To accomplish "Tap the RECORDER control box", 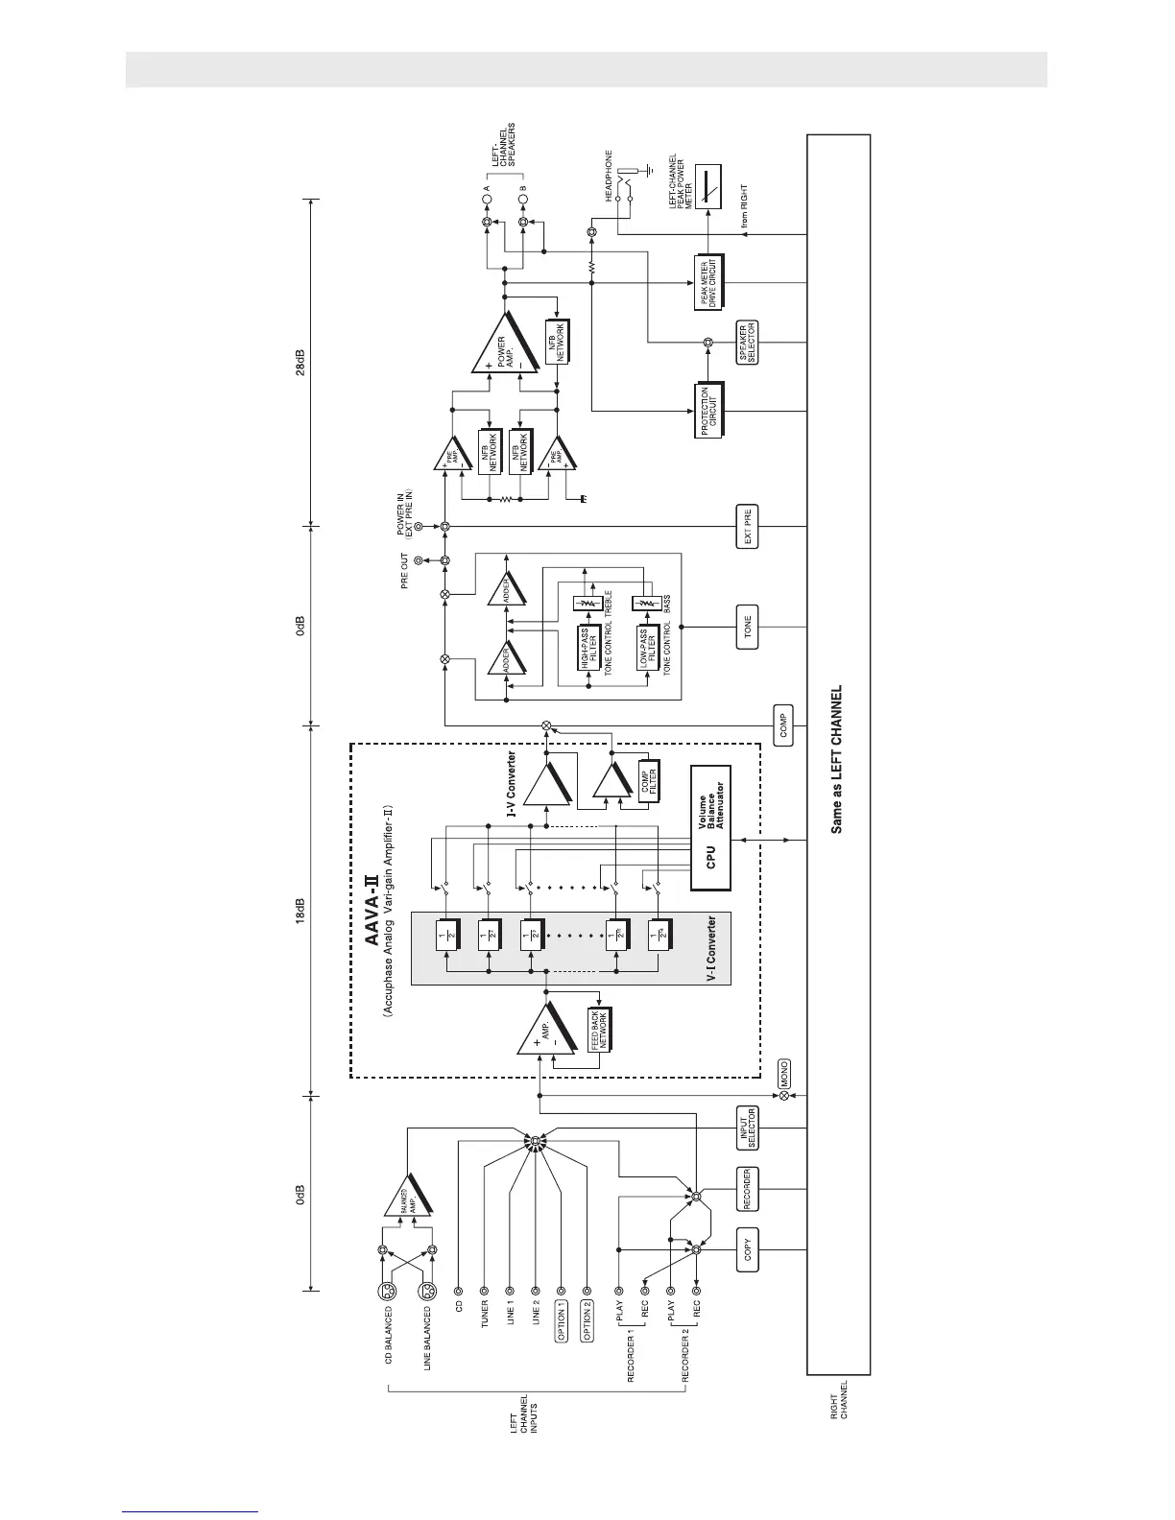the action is point(748,1190).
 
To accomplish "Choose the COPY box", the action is point(748,1250).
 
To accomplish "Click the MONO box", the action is point(784,1072).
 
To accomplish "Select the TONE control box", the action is point(748,628).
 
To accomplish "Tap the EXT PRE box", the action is point(748,526).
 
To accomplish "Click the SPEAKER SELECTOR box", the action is point(748,343).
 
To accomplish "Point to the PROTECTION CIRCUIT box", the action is point(709,410).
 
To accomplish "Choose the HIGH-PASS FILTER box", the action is point(590,649).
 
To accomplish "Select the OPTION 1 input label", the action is point(562,1320).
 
